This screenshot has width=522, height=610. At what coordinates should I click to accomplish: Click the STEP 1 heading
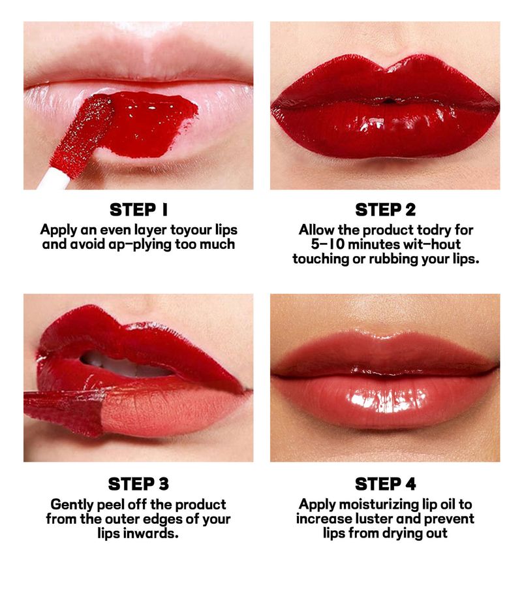coord(138,210)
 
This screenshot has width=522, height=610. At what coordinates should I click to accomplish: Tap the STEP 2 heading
coord(385,210)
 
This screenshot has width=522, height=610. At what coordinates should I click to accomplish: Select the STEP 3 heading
coord(138,485)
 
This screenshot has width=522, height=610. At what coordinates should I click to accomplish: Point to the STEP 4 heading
coord(385,485)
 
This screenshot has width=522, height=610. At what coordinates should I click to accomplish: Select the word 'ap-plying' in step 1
coord(140,245)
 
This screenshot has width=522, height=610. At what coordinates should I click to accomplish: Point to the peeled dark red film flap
coord(64,412)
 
